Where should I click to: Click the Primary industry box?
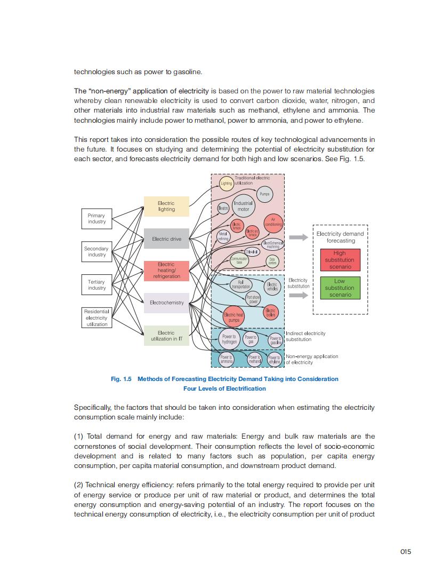[x=96, y=218]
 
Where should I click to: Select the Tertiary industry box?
[x=96, y=285]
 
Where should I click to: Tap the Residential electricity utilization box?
[x=96, y=318]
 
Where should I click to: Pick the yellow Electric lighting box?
[x=166, y=206]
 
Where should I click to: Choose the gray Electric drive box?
[x=166, y=239]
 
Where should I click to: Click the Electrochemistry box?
[x=166, y=303]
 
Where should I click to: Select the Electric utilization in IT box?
[x=166, y=336]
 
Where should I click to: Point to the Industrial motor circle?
[x=243, y=206]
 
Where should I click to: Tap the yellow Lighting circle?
[x=227, y=184]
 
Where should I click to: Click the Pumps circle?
[x=264, y=194]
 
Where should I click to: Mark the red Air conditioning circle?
[x=273, y=221]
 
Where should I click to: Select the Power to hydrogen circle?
[x=229, y=339]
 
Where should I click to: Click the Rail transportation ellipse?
[x=240, y=284]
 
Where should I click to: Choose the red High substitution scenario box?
[x=340, y=260]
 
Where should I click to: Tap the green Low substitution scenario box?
[x=340, y=288]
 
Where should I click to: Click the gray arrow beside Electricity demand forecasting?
[x=299, y=237]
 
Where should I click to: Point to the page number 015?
[x=405, y=552]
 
